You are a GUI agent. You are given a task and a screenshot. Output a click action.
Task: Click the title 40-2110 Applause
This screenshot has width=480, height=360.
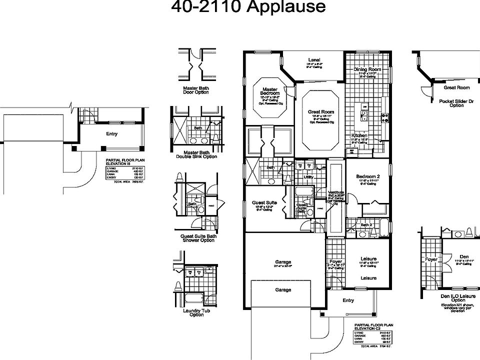248,7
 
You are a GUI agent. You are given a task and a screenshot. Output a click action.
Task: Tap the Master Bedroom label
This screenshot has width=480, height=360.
270,91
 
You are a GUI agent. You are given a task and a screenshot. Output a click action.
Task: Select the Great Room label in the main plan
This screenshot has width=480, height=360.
320,111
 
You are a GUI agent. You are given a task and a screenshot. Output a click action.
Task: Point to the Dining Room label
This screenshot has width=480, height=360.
367,69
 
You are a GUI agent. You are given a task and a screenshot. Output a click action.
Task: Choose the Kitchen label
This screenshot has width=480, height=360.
359,135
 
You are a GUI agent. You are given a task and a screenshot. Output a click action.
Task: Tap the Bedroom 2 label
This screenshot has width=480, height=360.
368,176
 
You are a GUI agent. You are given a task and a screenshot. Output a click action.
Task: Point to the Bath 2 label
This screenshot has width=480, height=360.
366,225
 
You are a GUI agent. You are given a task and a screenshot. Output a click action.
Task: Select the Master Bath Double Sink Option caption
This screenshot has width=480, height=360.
196,154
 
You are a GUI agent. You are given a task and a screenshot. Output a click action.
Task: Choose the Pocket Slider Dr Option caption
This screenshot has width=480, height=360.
456,103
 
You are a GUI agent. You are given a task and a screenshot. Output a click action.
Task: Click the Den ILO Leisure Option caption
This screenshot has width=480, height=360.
456,298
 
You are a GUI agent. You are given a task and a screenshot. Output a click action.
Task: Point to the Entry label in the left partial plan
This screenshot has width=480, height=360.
111,134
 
